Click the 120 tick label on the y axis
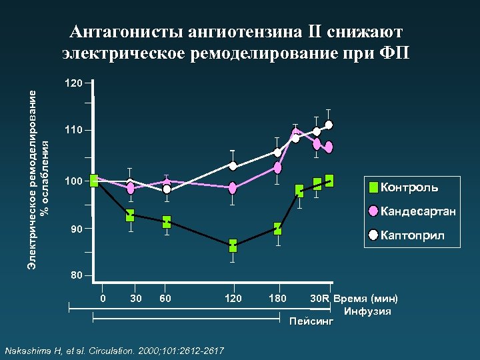[73, 84]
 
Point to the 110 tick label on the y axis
[73, 131]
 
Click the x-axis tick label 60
[166, 298]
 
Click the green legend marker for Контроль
[374, 187]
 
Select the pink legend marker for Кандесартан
[374, 211]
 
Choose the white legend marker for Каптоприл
[374, 235]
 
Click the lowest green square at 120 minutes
[233, 245]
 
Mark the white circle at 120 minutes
[233, 165]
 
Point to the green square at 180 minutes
[277, 229]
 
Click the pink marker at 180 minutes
[278, 168]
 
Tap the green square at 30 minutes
[130, 215]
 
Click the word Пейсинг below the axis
[311, 323]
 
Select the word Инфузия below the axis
[367, 311]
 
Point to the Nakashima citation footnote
[114, 351]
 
